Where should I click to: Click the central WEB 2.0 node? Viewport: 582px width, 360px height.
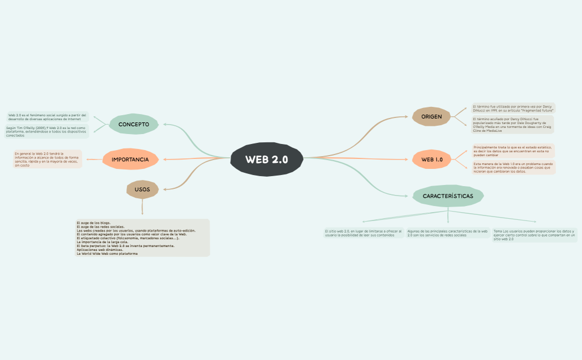click(267, 160)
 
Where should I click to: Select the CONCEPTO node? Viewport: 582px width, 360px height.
click(134, 124)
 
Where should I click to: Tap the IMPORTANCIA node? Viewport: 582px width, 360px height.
click(130, 160)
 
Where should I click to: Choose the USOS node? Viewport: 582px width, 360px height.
click(142, 189)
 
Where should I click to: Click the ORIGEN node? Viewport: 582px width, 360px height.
click(432, 116)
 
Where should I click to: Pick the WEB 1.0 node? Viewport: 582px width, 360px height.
click(432, 160)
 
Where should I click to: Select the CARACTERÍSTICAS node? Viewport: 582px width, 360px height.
click(448, 196)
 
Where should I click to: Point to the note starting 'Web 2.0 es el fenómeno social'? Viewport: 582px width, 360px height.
click(47, 117)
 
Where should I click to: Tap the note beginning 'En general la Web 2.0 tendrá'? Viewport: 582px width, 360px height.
click(47, 159)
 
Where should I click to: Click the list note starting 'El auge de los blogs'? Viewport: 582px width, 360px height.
click(142, 238)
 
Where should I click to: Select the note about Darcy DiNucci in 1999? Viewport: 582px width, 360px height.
click(512, 107)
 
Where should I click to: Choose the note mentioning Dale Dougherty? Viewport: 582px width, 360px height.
click(512, 124)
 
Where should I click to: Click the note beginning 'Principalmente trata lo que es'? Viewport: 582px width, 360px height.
click(512, 151)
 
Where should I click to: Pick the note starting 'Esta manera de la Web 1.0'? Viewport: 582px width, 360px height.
click(513, 167)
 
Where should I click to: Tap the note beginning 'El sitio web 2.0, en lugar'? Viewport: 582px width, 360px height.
click(364, 233)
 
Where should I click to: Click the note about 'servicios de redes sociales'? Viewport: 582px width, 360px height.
click(448, 233)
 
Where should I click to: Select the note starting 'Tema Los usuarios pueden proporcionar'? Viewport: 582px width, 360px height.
click(534, 235)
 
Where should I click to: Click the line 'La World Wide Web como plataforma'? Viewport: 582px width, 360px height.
click(107, 254)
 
